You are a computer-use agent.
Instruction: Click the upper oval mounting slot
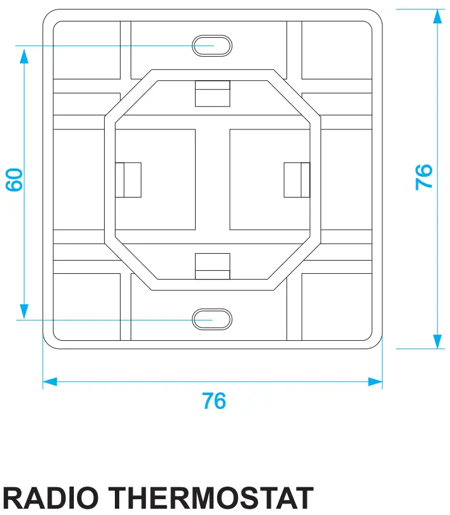click(212, 45)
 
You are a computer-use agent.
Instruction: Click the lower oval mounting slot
click(212, 319)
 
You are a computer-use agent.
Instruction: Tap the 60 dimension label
click(15, 180)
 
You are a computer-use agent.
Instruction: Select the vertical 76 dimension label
click(425, 177)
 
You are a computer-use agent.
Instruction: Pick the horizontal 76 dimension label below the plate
click(214, 401)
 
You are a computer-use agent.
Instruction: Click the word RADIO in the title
click(56, 499)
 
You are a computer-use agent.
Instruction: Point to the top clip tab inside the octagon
click(212, 94)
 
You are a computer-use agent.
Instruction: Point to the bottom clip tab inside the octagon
click(212, 265)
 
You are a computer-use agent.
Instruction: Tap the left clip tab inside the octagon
click(127, 180)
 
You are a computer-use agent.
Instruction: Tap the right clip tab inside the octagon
click(297, 180)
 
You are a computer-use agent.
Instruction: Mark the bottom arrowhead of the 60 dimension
click(24, 311)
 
